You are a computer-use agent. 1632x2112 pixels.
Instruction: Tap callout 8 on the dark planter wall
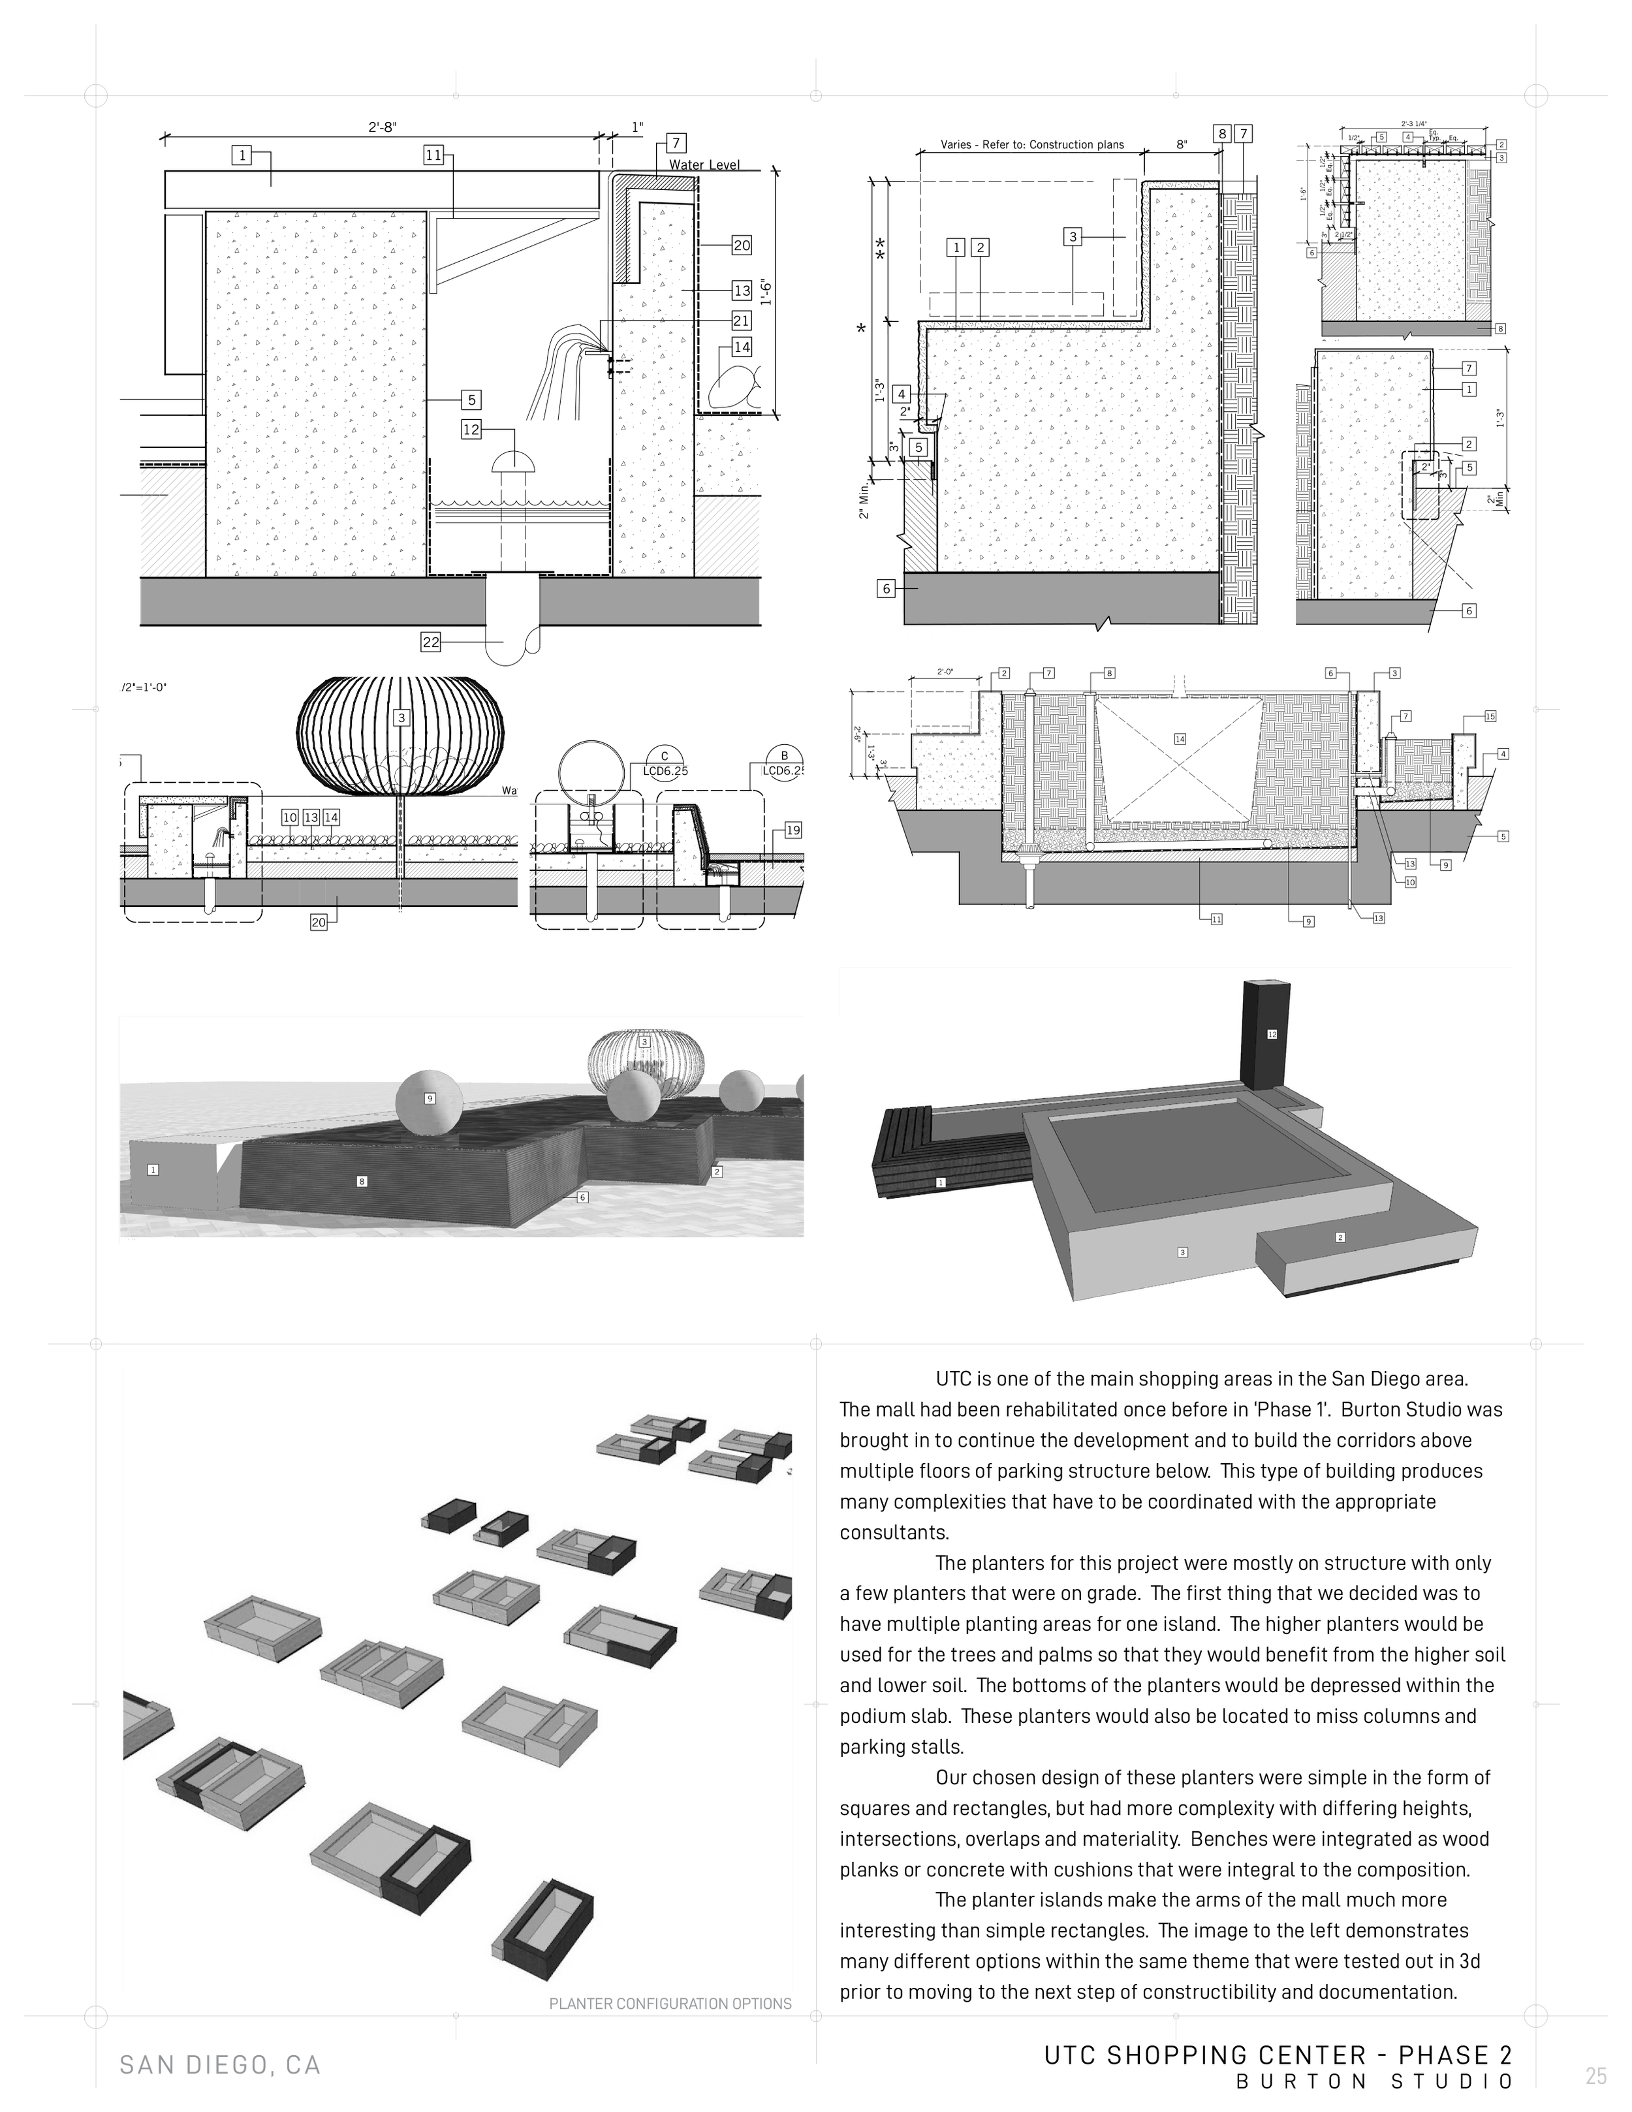pyautogui.click(x=362, y=1181)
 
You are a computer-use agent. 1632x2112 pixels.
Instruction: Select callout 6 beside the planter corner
pyautogui.click(x=582, y=1197)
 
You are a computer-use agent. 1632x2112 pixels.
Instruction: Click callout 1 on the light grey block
pyautogui.click(x=153, y=1169)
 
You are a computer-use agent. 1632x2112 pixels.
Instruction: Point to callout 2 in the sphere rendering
pyautogui.click(x=716, y=1171)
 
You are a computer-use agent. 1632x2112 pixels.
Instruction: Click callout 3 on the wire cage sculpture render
pyautogui.click(x=644, y=1041)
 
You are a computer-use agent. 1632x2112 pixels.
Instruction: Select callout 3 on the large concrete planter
pyautogui.click(x=1182, y=1252)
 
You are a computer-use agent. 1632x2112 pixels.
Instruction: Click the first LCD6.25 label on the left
pyautogui.click(x=665, y=771)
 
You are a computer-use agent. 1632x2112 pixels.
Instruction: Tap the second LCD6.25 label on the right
pyautogui.click(x=783, y=771)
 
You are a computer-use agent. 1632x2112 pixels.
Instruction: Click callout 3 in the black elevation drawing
pyautogui.click(x=401, y=717)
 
